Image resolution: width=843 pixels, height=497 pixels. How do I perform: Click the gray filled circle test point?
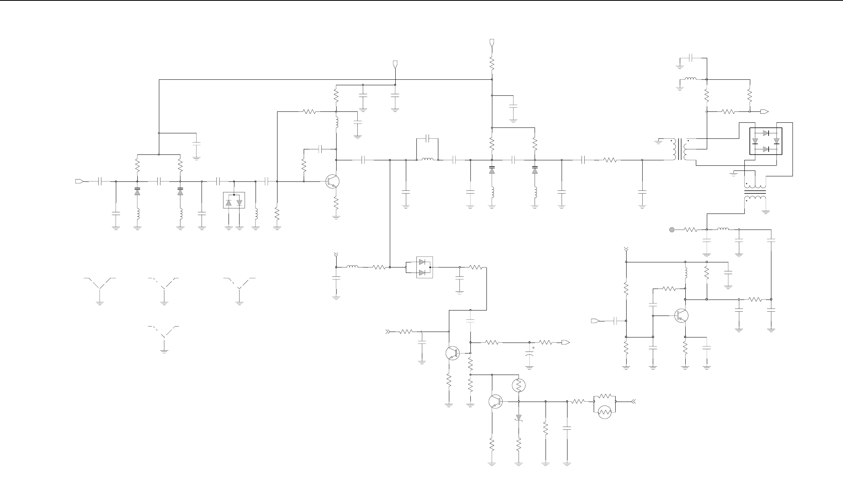[672, 230]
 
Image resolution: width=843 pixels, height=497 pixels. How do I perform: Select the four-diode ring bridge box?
[766, 141]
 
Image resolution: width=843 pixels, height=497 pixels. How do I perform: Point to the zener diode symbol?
[519, 418]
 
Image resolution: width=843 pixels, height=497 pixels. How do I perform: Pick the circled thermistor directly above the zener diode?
[519, 386]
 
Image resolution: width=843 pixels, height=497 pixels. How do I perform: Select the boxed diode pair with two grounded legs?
[234, 200]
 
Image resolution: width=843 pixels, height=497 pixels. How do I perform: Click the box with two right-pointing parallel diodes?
[425, 267]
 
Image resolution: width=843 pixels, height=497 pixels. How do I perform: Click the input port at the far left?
[79, 181]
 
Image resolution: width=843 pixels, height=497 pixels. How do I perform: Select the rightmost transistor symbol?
[681, 315]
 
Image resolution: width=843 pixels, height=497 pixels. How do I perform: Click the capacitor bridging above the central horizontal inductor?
[428, 138]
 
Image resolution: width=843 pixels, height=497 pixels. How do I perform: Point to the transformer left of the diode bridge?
[681, 150]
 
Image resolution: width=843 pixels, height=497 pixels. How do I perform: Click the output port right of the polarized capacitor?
[565, 343]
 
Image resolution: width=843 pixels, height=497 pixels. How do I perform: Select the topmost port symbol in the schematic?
[492, 42]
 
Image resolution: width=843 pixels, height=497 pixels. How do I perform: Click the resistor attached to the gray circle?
[691, 230]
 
